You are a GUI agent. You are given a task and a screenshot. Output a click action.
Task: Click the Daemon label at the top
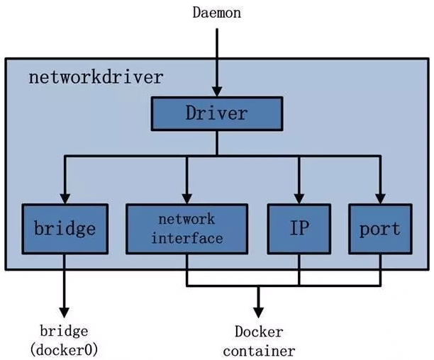point(216,13)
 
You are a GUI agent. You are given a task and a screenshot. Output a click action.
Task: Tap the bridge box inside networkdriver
point(65,229)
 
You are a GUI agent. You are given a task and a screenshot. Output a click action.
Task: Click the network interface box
point(187,229)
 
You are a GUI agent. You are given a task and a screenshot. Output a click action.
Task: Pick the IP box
point(298,229)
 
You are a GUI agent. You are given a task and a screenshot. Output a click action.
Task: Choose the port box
point(380,229)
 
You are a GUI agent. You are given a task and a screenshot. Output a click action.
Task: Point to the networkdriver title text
point(95,77)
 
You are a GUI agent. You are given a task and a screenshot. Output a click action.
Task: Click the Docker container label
point(258,341)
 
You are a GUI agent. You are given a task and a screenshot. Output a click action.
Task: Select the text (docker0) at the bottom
point(65,350)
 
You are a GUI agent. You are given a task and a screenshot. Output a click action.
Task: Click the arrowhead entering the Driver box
point(216,93)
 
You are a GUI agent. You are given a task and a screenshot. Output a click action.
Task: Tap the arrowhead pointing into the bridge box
point(65,198)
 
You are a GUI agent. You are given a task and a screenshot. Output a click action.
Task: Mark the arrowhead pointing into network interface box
point(187,198)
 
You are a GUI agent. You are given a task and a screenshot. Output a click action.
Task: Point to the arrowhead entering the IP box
point(298,198)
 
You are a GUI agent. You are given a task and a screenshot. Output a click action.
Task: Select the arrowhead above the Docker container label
point(258,311)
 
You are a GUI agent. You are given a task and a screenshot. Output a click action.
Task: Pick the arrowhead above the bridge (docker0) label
point(65,311)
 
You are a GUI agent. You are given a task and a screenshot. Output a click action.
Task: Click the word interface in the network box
point(187,238)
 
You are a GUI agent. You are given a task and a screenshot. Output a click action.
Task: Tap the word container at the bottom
point(258,350)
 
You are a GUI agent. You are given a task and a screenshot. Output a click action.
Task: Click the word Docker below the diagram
point(258,332)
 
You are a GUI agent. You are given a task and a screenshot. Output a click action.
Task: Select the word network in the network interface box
point(187,220)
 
